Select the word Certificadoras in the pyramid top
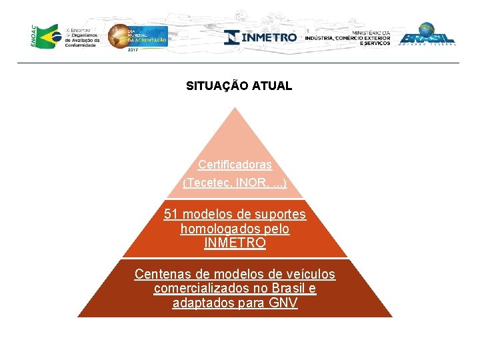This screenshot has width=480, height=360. pos(235,165)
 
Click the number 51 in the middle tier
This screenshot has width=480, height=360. pos(171,215)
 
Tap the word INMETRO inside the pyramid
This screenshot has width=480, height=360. pos(235,243)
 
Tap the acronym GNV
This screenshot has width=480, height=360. pos(283,303)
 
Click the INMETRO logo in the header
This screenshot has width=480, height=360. pos(261,37)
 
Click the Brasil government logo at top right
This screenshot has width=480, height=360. pos(427,34)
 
